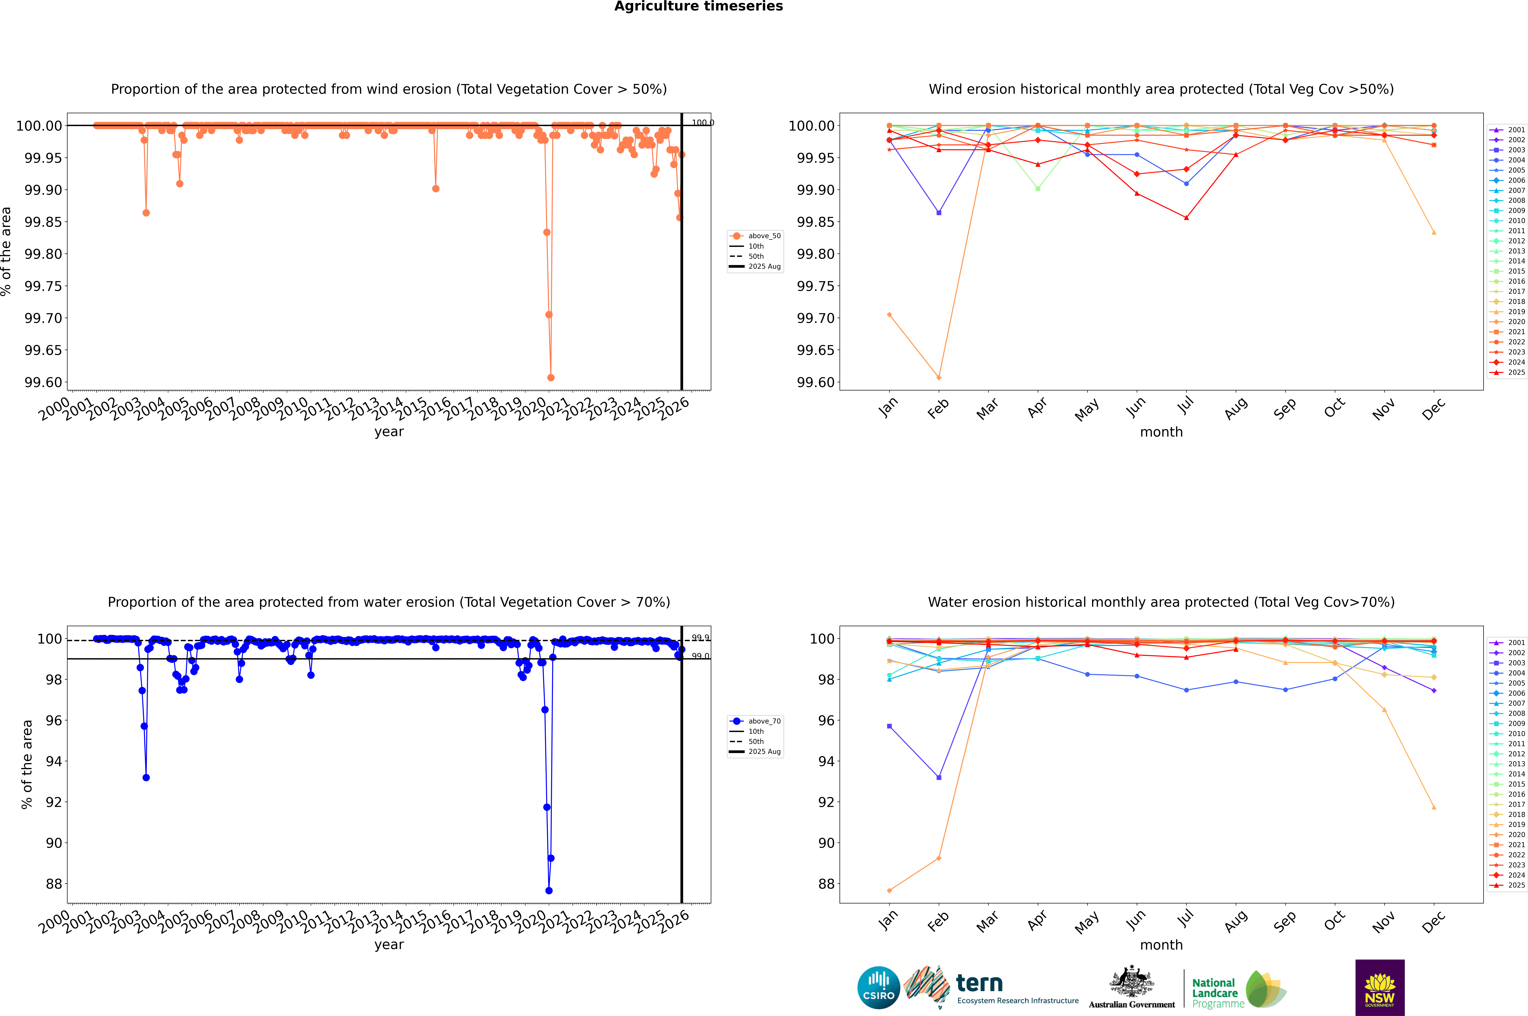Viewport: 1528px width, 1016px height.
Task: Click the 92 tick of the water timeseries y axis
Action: [x=54, y=802]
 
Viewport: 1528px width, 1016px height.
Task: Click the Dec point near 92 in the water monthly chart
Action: [x=1433, y=807]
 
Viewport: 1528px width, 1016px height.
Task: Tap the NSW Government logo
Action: [x=1380, y=988]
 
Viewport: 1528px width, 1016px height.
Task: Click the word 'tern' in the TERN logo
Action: [x=979, y=984]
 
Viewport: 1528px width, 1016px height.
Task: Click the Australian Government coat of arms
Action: [x=1132, y=982]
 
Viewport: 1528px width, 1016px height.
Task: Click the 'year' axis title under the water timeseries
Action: [x=389, y=945]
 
